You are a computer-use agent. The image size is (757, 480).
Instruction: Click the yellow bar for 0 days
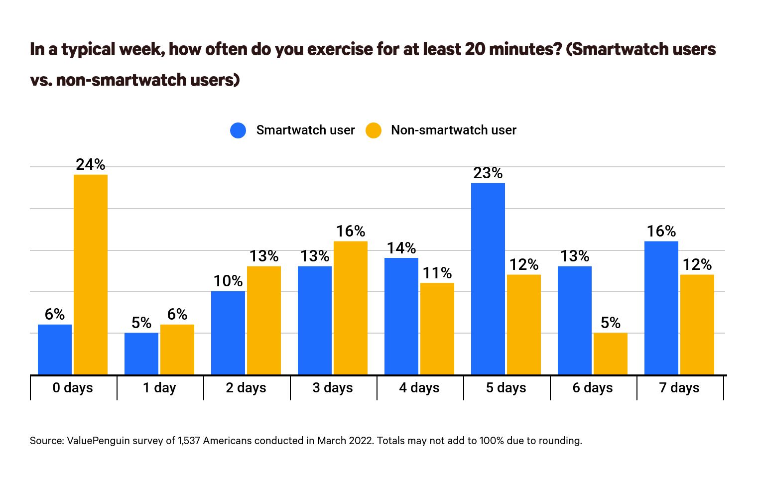pyautogui.click(x=91, y=274)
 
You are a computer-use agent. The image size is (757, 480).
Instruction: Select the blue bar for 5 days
pyautogui.click(x=488, y=279)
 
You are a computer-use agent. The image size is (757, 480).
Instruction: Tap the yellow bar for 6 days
pyautogui.click(x=610, y=354)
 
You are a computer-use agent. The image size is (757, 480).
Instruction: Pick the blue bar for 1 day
pyautogui.click(x=141, y=354)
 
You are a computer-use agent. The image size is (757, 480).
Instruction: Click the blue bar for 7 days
pyautogui.click(x=661, y=308)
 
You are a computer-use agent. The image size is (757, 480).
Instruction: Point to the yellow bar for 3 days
pyautogui.click(x=351, y=308)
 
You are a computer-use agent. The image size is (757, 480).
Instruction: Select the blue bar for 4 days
pyautogui.click(x=401, y=316)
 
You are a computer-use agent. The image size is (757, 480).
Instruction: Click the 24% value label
pyautogui.click(x=91, y=164)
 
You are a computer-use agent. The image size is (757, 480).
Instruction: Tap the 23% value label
pyautogui.click(x=488, y=173)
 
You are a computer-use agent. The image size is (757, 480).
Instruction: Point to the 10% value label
pyautogui.click(x=228, y=281)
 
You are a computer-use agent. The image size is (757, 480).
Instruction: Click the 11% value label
pyautogui.click(x=437, y=273)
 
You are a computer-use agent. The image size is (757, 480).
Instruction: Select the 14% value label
pyautogui.click(x=401, y=248)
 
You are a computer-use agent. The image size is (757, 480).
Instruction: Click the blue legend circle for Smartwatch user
pyautogui.click(x=238, y=130)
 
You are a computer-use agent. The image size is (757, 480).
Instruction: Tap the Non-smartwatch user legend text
pyautogui.click(x=453, y=130)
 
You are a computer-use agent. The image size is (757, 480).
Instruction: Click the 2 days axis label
pyautogui.click(x=246, y=387)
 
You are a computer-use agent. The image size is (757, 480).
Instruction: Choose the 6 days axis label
pyautogui.click(x=593, y=387)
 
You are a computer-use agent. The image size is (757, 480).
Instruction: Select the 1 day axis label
pyautogui.click(x=159, y=387)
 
